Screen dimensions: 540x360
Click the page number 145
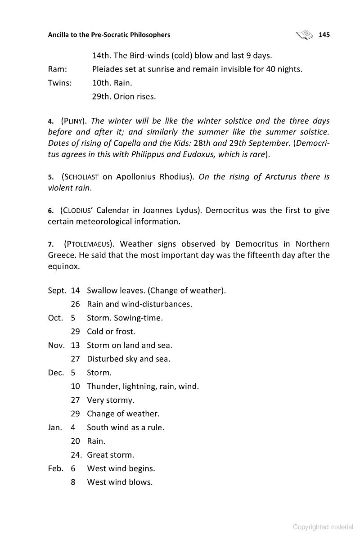point(324,35)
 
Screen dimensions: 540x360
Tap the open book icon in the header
point(305,34)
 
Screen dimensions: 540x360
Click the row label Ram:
point(58,69)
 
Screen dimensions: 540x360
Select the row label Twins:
point(60,83)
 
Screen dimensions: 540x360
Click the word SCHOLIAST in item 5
point(82,177)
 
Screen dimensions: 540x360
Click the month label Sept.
point(57,291)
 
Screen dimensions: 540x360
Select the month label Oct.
point(55,318)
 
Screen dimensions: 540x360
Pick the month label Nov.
point(56,346)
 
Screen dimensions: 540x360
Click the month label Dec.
point(56,373)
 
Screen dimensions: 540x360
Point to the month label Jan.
point(55,427)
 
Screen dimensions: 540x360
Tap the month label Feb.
point(56,468)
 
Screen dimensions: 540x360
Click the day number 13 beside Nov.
point(75,346)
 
